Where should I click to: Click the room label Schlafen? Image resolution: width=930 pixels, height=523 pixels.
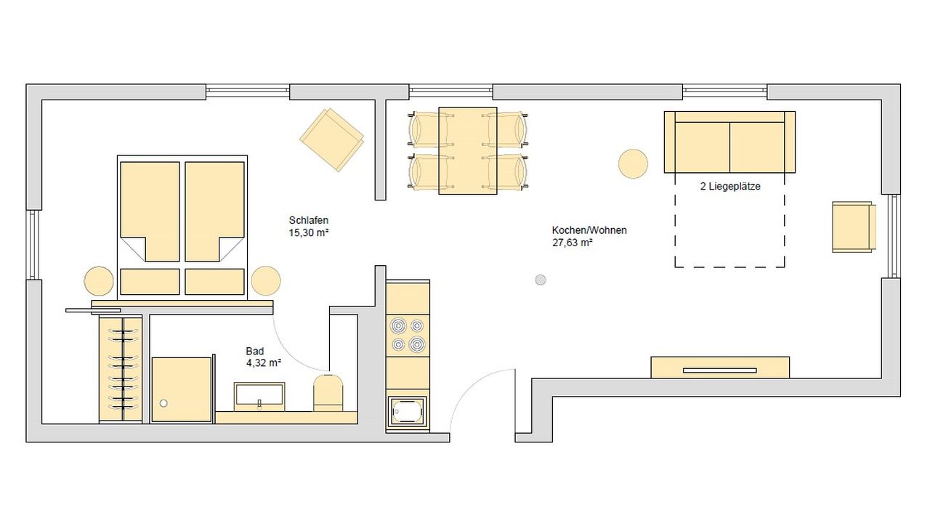(309, 220)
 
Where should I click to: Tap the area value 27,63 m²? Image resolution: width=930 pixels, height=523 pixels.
(573, 243)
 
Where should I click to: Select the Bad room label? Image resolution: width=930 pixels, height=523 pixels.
(255, 351)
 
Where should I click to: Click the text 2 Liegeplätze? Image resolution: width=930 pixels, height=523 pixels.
(729, 187)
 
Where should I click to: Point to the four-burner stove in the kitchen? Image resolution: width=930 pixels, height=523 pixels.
(408, 334)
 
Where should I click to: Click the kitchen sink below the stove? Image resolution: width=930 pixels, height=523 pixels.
(408, 411)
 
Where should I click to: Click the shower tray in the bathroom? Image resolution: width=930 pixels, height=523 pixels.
(181, 389)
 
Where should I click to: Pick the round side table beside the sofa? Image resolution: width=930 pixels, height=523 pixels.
(633, 163)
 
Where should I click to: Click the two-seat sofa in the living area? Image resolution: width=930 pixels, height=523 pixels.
(729, 142)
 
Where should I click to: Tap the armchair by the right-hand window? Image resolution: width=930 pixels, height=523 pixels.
(853, 227)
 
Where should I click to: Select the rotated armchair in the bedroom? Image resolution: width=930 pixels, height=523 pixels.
(332, 139)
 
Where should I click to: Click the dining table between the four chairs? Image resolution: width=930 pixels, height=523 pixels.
(467, 150)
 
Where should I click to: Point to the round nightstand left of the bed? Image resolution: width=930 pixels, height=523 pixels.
(99, 281)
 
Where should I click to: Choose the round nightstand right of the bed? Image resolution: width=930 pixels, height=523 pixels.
(265, 281)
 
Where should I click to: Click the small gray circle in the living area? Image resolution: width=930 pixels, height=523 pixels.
(540, 280)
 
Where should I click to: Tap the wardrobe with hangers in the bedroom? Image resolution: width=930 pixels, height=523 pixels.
(121, 369)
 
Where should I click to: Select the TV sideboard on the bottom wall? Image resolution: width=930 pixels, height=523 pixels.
(719, 368)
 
